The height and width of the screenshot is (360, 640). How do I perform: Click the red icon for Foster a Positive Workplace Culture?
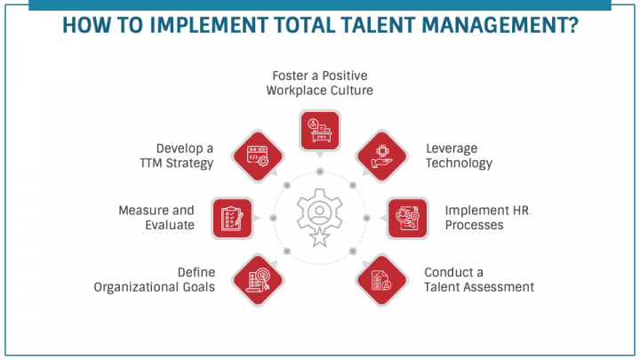[x=320, y=130]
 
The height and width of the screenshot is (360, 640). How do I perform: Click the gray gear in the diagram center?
[x=319, y=212]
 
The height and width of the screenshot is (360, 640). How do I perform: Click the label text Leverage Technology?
[x=459, y=156]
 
